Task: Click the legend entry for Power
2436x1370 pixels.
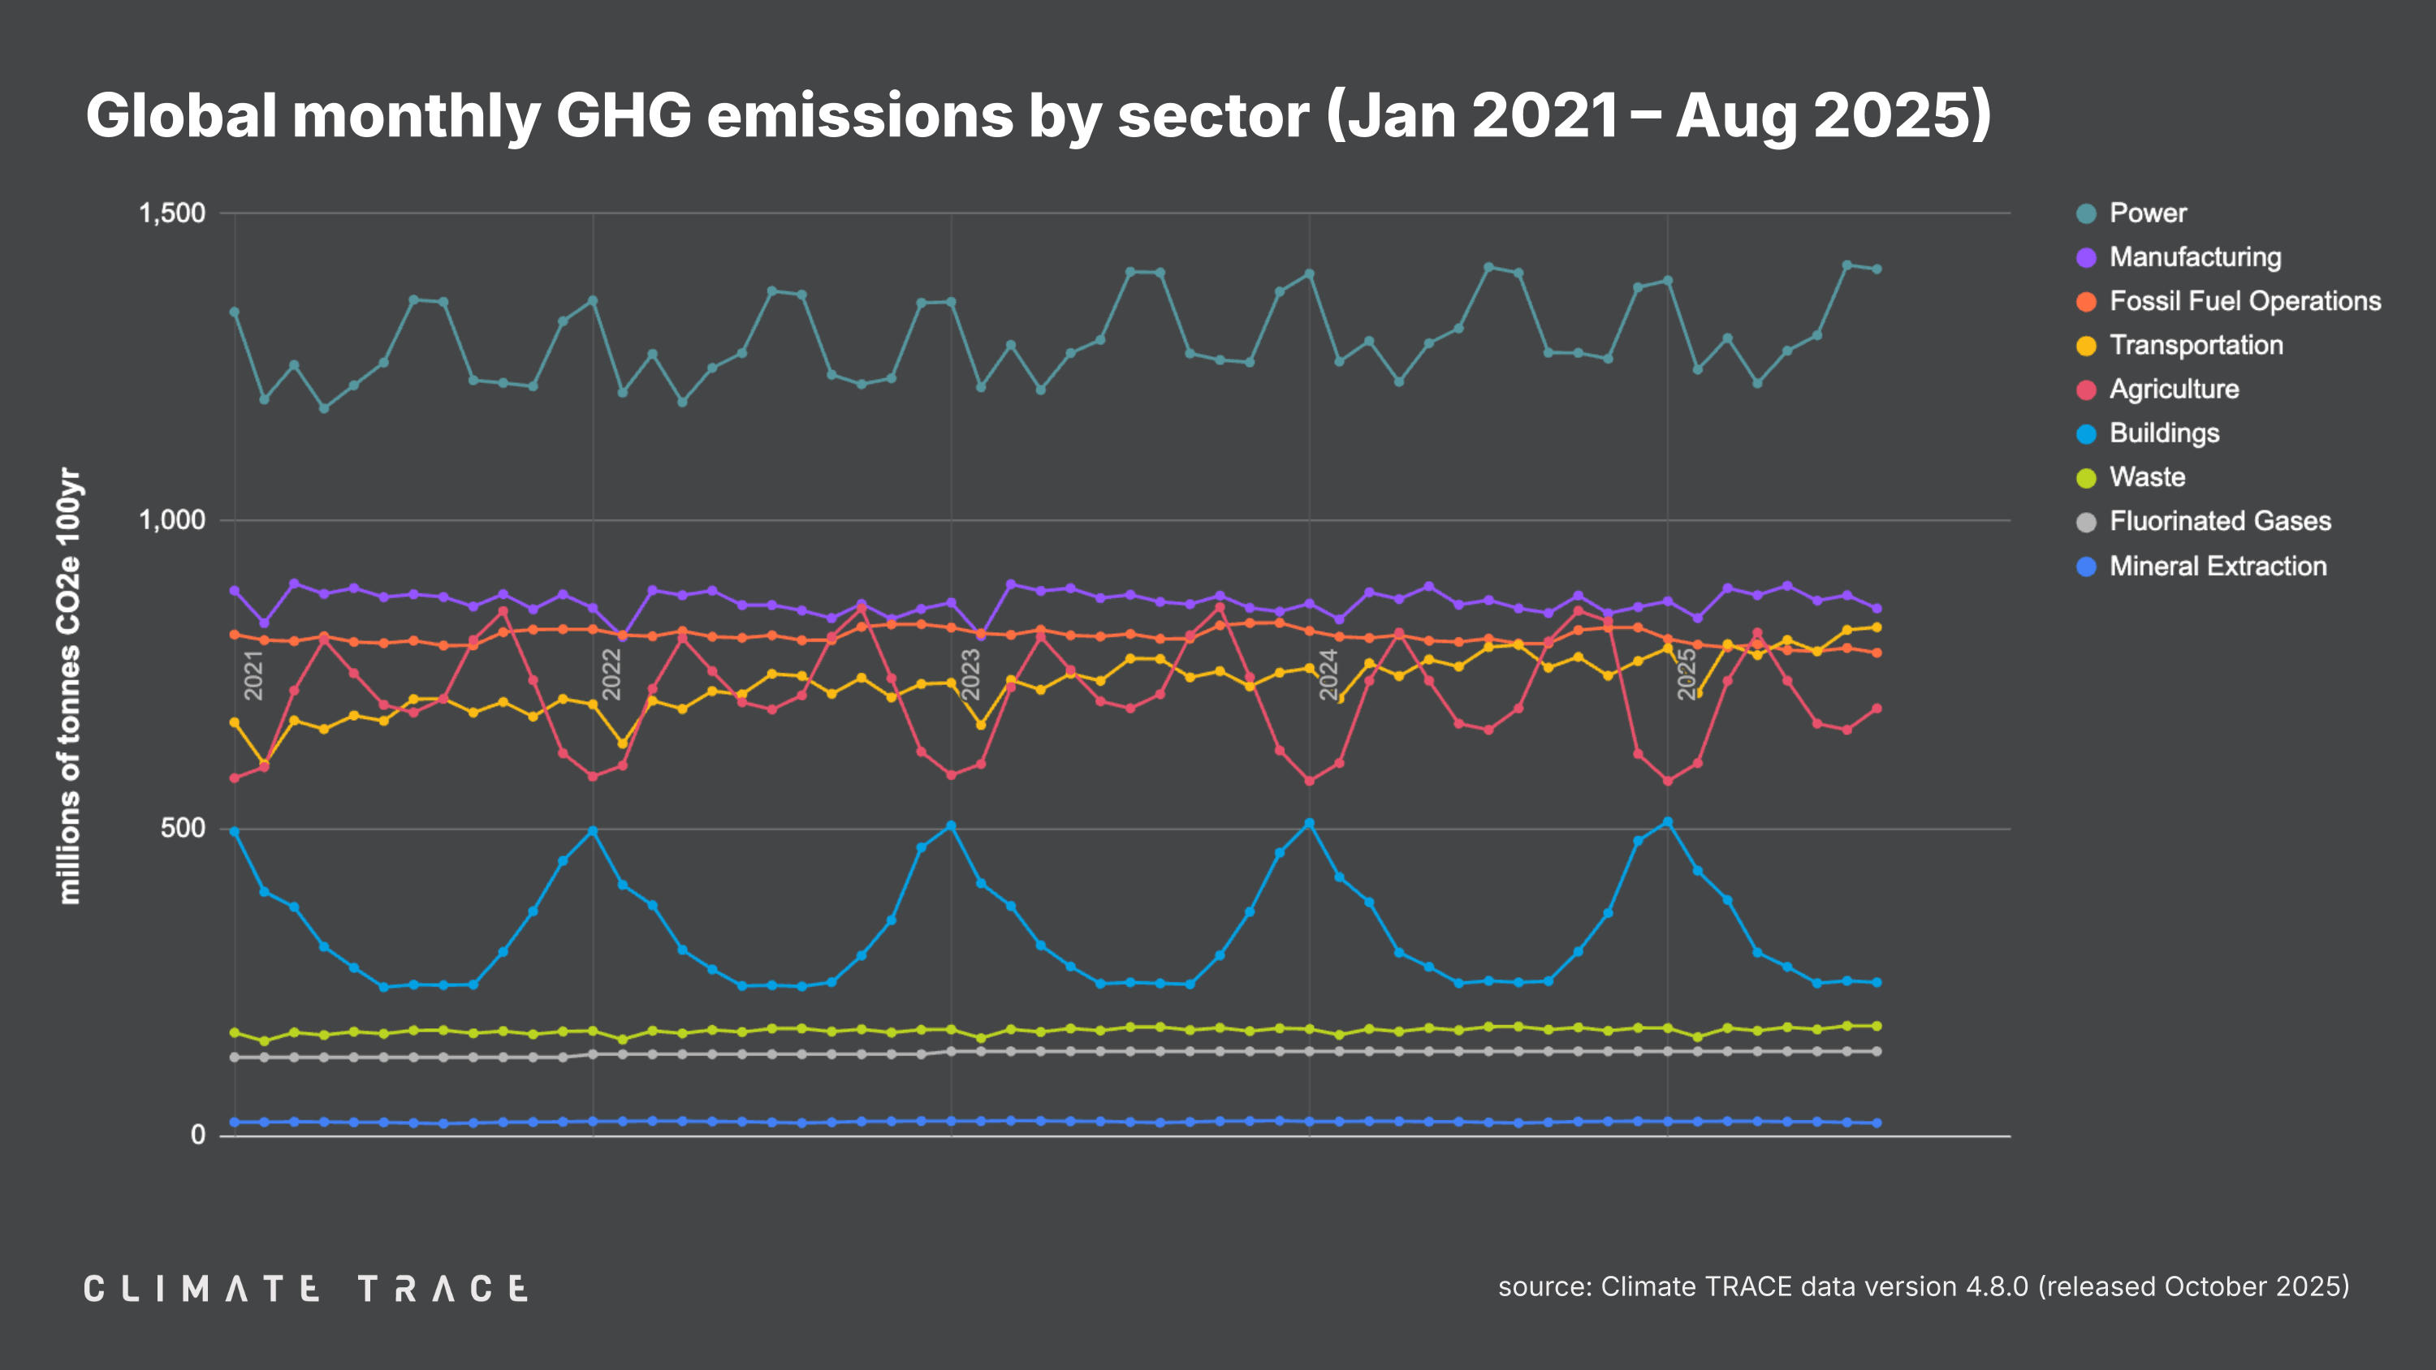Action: point(2147,213)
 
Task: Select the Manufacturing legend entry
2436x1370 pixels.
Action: point(2194,257)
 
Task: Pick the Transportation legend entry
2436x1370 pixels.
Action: point(2195,345)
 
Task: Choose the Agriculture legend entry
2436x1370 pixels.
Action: point(2173,389)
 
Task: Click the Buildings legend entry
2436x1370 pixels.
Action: point(2164,433)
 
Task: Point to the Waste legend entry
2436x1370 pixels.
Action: point(2147,476)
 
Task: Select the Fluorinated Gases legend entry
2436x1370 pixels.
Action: point(2218,521)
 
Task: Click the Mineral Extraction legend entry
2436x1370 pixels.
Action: point(2217,566)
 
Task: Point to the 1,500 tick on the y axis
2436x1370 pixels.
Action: point(172,213)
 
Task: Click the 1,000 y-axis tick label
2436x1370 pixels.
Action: point(172,520)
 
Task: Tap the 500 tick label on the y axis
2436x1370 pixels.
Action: point(183,828)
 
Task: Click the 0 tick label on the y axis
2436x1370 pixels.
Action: point(197,1135)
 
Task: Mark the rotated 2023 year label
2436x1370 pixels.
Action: point(970,674)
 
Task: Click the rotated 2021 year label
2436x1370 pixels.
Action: point(253,674)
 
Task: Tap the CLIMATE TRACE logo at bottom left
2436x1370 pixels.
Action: point(305,1289)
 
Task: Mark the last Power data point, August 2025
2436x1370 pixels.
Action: point(1877,269)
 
